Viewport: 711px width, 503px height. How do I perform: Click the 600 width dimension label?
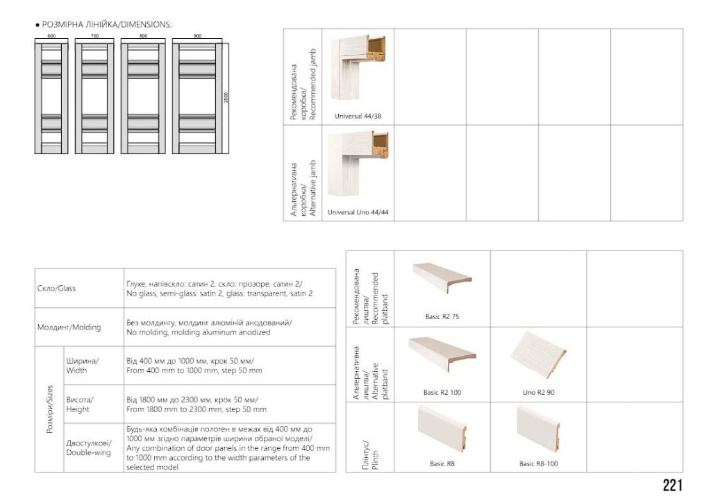51,36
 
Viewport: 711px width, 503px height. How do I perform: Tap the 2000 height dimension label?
226,97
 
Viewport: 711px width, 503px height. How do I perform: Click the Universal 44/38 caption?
358,116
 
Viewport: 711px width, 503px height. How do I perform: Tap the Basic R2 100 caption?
442,393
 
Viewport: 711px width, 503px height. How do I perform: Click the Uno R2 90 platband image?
538,355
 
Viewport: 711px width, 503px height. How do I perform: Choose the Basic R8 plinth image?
442,429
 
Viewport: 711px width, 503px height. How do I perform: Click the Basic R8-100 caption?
538,463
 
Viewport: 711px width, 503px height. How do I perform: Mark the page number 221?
672,486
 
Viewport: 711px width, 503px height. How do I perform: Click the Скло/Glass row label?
57,288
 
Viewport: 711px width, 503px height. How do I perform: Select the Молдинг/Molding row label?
69,327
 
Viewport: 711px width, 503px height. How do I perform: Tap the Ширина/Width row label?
83,366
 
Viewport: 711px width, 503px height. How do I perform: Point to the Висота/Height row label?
80,404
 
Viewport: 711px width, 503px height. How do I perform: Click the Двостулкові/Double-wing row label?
89,447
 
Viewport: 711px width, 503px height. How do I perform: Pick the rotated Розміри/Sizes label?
50,409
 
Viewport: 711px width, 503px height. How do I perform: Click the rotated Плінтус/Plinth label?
371,454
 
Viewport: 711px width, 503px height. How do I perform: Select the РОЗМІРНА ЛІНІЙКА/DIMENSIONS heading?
103,24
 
